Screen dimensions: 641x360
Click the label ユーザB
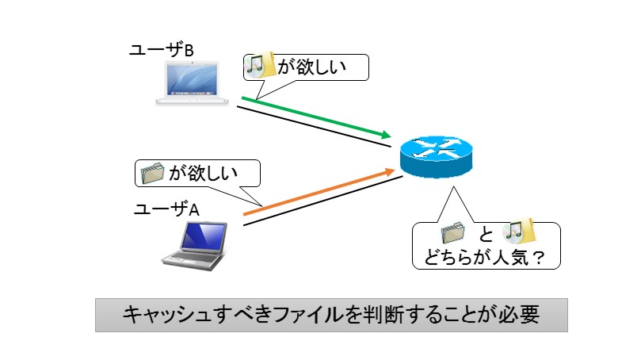[x=161, y=50]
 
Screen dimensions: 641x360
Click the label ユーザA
[x=167, y=209]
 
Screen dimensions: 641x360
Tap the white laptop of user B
[x=192, y=82]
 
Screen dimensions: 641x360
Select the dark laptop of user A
[x=195, y=246]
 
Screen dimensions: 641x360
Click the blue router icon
[x=437, y=157]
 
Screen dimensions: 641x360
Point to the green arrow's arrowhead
[x=386, y=134]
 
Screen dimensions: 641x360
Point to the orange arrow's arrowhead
[x=390, y=172]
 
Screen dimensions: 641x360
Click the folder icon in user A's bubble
[x=152, y=173]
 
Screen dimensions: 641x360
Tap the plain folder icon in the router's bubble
[x=453, y=233]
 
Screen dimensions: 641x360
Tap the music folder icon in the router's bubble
[x=518, y=231]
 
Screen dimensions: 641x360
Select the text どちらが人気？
[x=484, y=258]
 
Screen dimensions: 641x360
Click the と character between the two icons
[x=486, y=235]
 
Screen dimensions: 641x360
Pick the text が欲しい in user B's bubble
[x=312, y=67]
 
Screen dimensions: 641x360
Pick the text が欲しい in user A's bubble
[x=203, y=173]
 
